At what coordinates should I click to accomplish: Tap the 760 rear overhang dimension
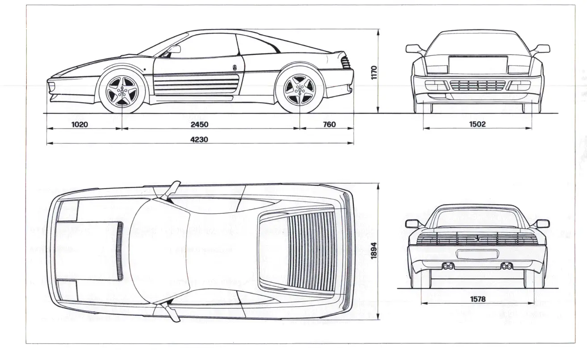329,125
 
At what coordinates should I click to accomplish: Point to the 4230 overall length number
199,139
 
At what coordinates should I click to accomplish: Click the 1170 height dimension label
374,72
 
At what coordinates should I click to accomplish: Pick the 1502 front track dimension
477,125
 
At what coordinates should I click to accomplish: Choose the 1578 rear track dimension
478,299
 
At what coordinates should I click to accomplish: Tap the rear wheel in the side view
299,90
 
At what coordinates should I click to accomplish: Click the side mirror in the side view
174,49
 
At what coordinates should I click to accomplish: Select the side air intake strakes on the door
197,84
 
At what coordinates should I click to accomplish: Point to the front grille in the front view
477,85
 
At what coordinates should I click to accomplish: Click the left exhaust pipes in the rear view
447,267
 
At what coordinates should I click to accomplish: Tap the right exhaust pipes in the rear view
507,267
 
